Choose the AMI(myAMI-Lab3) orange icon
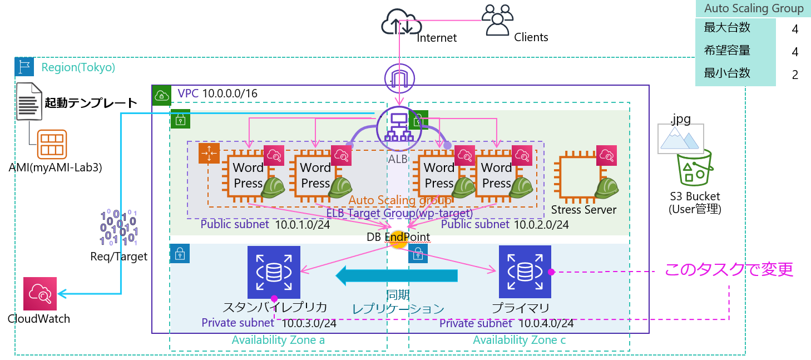click(x=52, y=144)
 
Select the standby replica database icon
click(x=274, y=272)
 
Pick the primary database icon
click(x=525, y=272)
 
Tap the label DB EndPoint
click(x=398, y=237)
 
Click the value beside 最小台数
click(x=795, y=74)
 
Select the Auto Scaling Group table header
click(x=753, y=9)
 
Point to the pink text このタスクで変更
click(x=729, y=270)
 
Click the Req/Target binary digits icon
click(x=118, y=228)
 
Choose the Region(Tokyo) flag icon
click(x=24, y=67)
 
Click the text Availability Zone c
click(x=519, y=340)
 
